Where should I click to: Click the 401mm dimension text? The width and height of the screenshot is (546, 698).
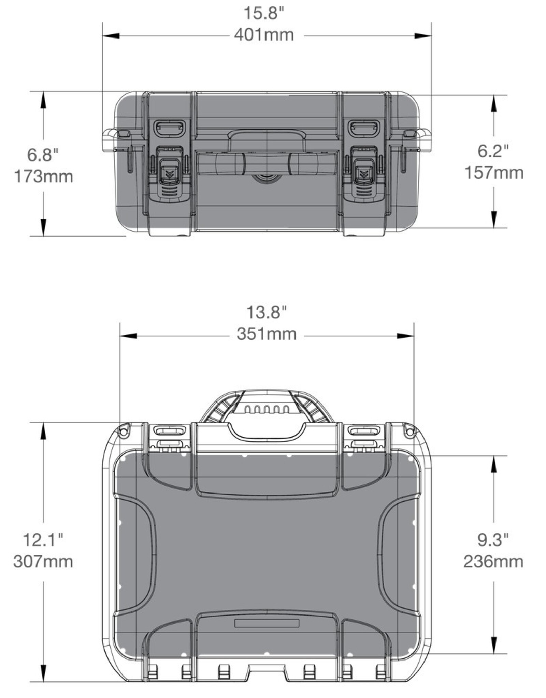[x=264, y=35]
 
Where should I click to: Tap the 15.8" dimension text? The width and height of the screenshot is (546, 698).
[x=264, y=14]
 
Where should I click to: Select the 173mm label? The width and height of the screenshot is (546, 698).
[x=43, y=177]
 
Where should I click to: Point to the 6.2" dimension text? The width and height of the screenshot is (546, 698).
[x=493, y=151]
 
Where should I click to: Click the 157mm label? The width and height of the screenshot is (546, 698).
[x=494, y=173]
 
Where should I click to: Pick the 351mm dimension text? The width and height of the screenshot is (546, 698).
[x=267, y=334]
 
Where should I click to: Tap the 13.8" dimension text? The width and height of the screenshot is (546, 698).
[x=267, y=313]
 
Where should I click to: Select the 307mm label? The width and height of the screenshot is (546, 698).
[x=43, y=562]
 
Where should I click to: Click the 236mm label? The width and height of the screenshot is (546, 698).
[x=493, y=562]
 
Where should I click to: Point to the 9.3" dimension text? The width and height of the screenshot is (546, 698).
[x=493, y=540]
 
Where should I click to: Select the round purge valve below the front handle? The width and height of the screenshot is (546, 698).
[x=267, y=178]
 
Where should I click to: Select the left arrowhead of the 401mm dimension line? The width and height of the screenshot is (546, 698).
[x=111, y=36]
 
